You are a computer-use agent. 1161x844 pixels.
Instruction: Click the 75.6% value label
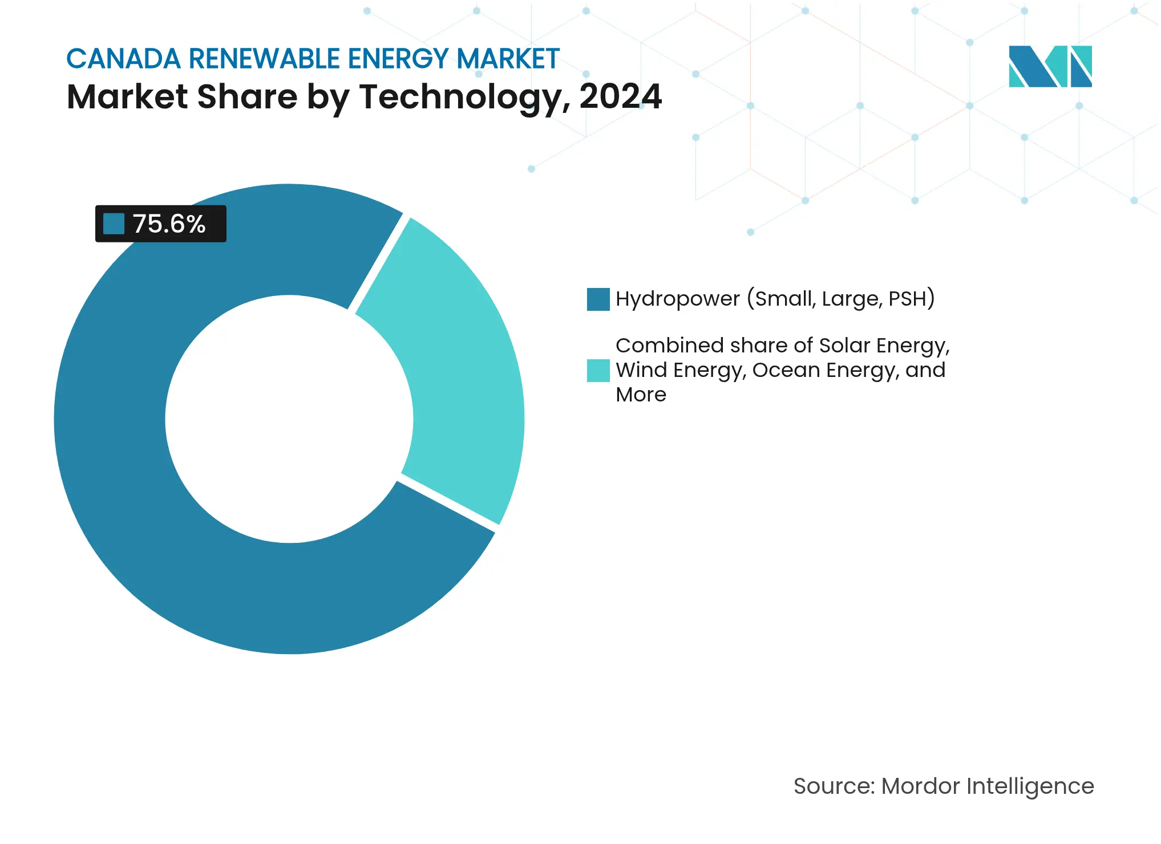pyautogui.click(x=169, y=224)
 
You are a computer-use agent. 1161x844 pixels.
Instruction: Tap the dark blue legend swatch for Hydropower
pyautogui.click(x=598, y=299)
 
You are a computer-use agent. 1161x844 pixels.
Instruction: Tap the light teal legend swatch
pyautogui.click(x=598, y=371)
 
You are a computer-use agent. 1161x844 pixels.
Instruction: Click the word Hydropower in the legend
pyautogui.click(x=677, y=299)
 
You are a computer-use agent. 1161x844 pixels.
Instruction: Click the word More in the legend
pyautogui.click(x=641, y=395)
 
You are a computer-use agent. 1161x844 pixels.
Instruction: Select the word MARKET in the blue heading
pyautogui.click(x=508, y=59)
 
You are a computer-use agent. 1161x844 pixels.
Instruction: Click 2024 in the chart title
pyautogui.click(x=621, y=97)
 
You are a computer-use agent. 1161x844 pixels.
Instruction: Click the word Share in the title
pyautogui.click(x=246, y=97)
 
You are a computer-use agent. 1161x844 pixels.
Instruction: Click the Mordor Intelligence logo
pyautogui.click(x=1050, y=67)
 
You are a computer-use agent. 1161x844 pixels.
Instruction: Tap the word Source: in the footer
pyautogui.click(x=834, y=786)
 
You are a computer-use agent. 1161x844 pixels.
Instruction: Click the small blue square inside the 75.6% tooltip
pyautogui.click(x=114, y=224)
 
